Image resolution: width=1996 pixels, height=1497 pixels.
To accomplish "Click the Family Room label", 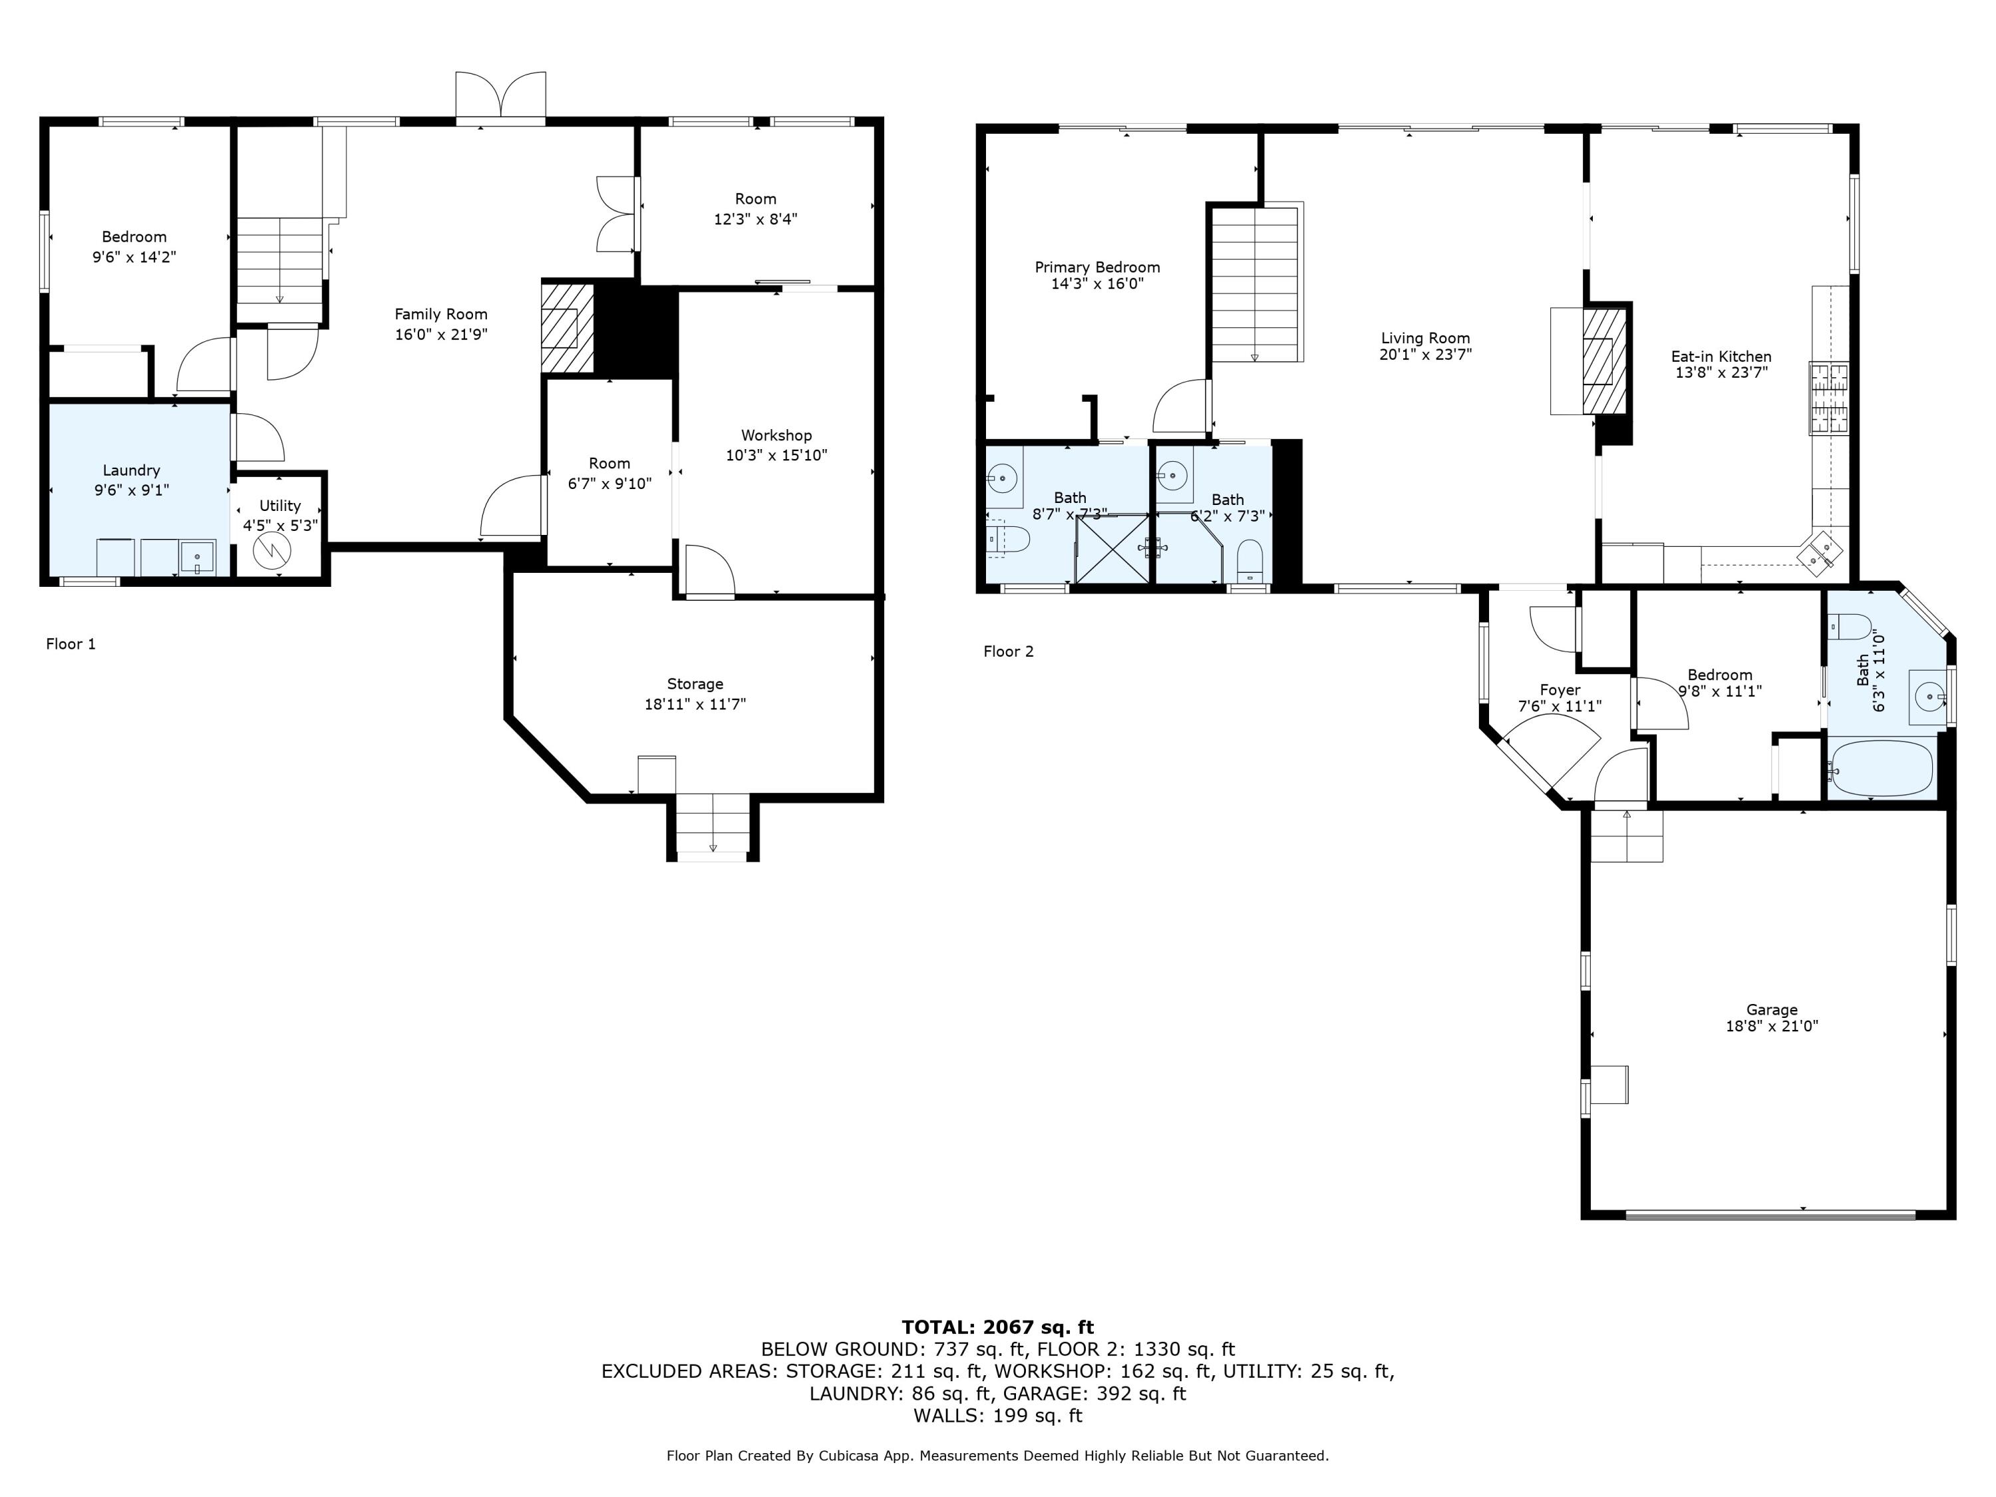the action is pyautogui.click(x=440, y=314).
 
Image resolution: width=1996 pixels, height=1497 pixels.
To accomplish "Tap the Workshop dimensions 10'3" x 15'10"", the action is pyautogui.click(x=776, y=456).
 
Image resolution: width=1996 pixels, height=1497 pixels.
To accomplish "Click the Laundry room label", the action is pyautogui.click(x=132, y=470).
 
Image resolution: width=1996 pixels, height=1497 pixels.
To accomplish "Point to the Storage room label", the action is pyautogui.click(x=695, y=684).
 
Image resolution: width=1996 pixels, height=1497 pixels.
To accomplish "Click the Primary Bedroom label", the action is pyautogui.click(x=1097, y=267).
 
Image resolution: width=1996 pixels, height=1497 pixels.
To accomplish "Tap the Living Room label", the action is pyautogui.click(x=1426, y=339).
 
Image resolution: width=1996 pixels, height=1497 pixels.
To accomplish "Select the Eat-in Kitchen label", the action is pyautogui.click(x=1721, y=357).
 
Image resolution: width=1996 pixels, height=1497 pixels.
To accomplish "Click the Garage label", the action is pyautogui.click(x=1771, y=1010).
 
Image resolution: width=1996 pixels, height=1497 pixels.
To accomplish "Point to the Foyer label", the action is pyautogui.click(x=1560, y=691).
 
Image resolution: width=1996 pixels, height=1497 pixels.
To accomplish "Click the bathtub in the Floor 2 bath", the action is pyautogui.click(x=1882, y=768).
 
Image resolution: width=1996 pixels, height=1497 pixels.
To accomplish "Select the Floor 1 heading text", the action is pyautogui.click(x=71, y=643).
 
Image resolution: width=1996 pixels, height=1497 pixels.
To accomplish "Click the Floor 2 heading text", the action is pyautogui.click(x=1008, y=651).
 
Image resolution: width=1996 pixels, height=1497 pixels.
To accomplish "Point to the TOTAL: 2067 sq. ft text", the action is pyautogui.click(x=997, y=1327).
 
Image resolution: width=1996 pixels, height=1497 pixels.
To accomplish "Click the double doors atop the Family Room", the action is pyautogui.click(x=501, y=96).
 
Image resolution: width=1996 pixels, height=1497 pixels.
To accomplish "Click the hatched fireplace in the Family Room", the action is pyautogui.click(x=568, y=329).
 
